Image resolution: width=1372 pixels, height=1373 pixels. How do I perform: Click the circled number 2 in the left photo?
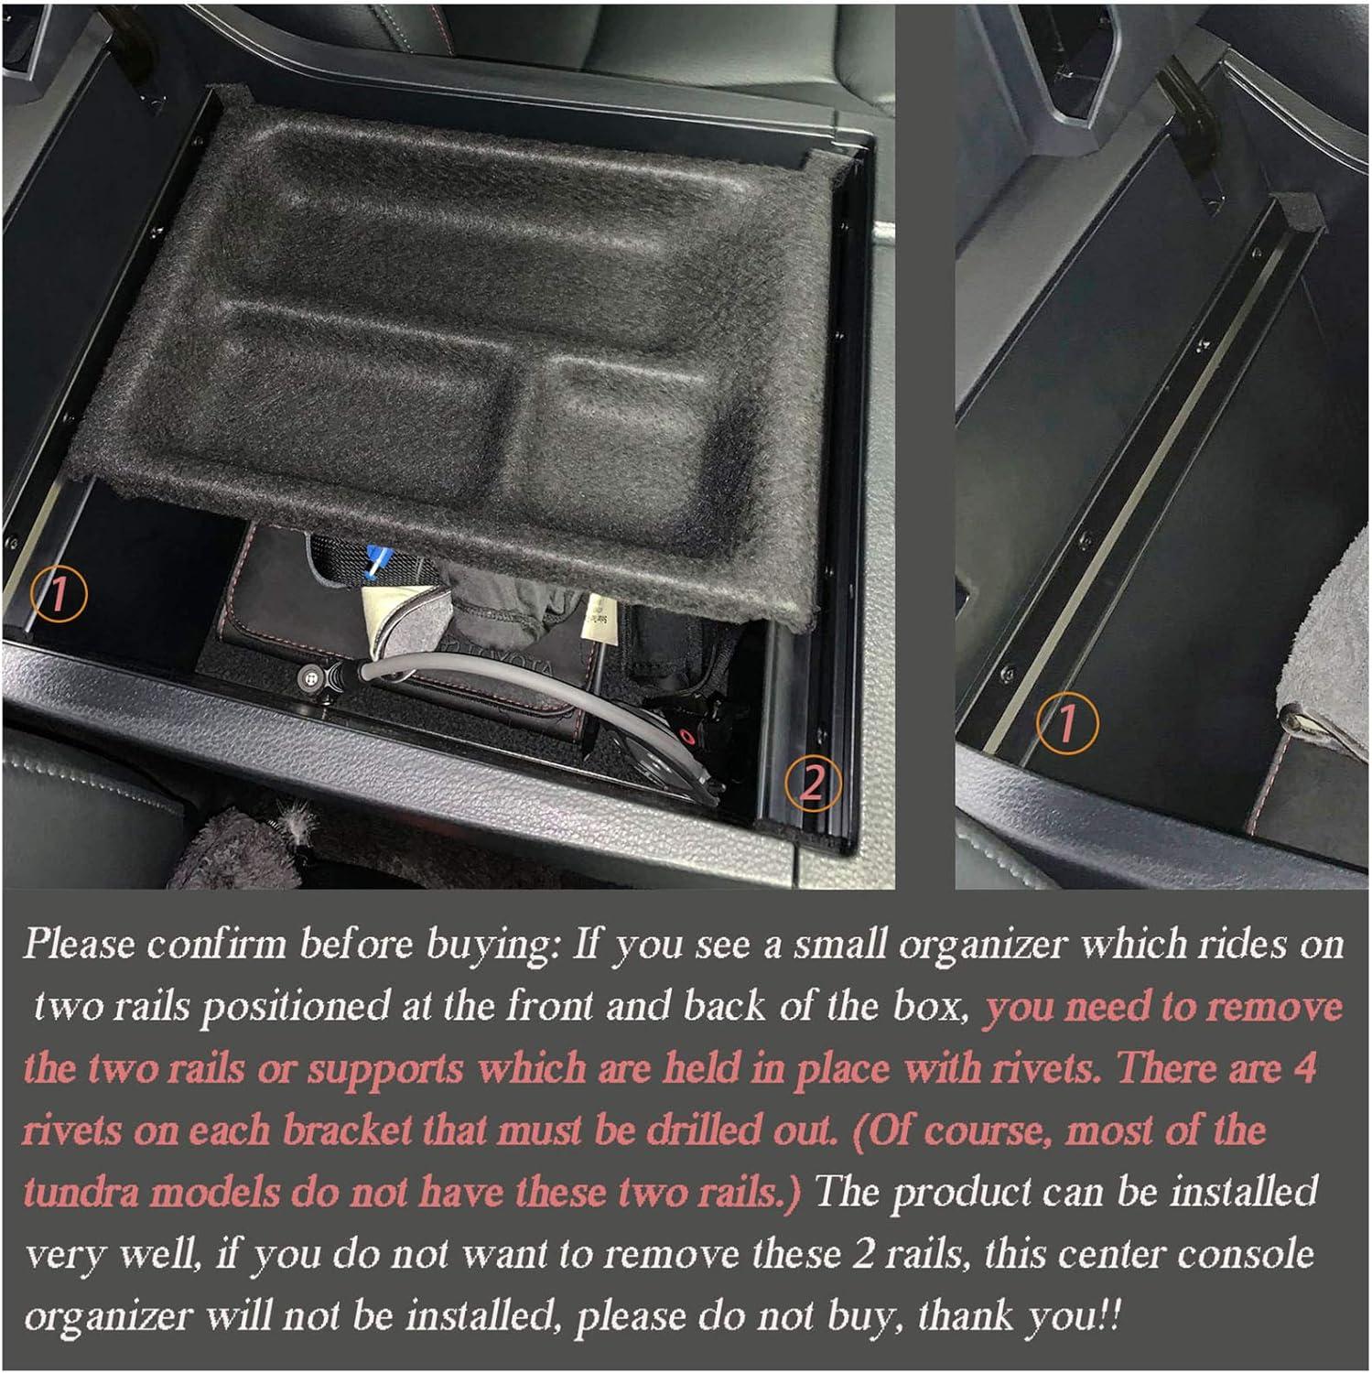(x=812, y=784)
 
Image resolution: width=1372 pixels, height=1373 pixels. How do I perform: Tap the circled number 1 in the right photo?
(x=1066, y=724)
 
